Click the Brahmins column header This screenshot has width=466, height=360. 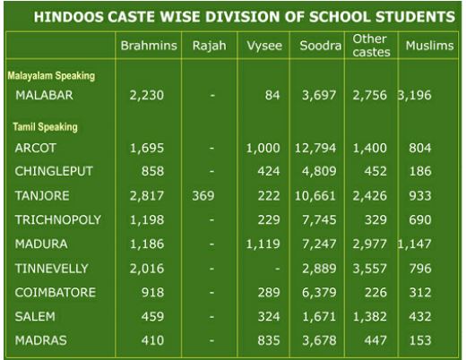click(x=149, y=46)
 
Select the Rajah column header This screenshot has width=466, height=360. click(x=209, y=47)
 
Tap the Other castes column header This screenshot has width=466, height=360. click(x=371, y=46)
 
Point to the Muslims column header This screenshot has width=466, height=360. click(x=429, y=46)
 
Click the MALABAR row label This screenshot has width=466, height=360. click(x=44, y=95)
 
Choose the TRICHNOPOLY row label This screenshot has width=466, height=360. click(x=58, y=219)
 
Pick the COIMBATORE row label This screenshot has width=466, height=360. click(x=56, y=292)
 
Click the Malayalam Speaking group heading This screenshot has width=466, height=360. click(x=51, y=76)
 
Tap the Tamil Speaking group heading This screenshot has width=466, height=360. click(x=45, y=127)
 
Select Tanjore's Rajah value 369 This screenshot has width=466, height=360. click(x=203, y=196)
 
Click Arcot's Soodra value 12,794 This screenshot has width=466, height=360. click(x=315, y=148)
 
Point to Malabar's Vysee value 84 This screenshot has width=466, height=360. click(x=272, y=95)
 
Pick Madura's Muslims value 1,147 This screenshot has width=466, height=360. click(x=414, y=244)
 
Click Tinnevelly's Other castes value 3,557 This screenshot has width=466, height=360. click(x=370, y=269)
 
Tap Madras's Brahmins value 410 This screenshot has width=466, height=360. click(x=152, y=340)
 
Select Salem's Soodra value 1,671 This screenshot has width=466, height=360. click(x=319, y=316)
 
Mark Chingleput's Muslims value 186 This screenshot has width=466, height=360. click(x=420, y=171)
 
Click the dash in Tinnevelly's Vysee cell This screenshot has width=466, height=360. click(x=278, y=269)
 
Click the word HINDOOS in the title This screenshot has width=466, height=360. click(x=68, y=17)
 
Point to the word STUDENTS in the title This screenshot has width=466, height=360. click(x=415, y=17)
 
